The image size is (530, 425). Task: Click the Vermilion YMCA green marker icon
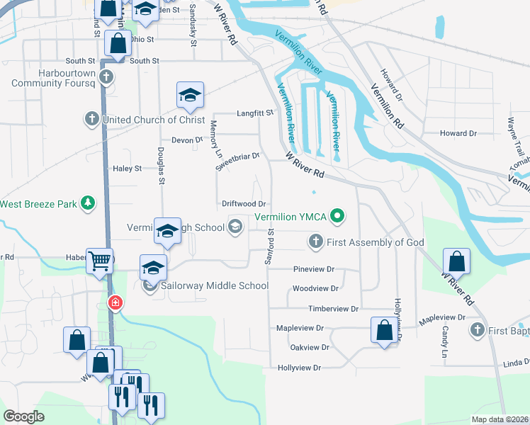[338, 217]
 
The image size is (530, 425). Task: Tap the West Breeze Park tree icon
[87, 204]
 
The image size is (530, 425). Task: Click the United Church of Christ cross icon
[92, 120]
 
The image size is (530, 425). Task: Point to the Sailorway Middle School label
[215, 285]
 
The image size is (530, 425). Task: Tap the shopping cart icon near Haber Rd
[100, 261]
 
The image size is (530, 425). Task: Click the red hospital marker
[115, 304]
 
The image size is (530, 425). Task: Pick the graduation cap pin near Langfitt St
[190, 96]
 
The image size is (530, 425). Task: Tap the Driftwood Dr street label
[243, 204]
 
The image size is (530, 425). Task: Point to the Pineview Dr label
[313, 270]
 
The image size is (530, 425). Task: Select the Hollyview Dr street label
[300, 368]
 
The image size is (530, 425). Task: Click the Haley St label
[128, 169]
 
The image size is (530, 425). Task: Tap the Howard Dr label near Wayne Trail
[458, 133]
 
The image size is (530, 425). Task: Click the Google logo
[23, 416]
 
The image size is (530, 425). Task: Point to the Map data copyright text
[499, 419]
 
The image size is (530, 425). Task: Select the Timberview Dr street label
[333, 309]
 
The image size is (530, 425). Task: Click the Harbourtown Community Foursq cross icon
[106, 76]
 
